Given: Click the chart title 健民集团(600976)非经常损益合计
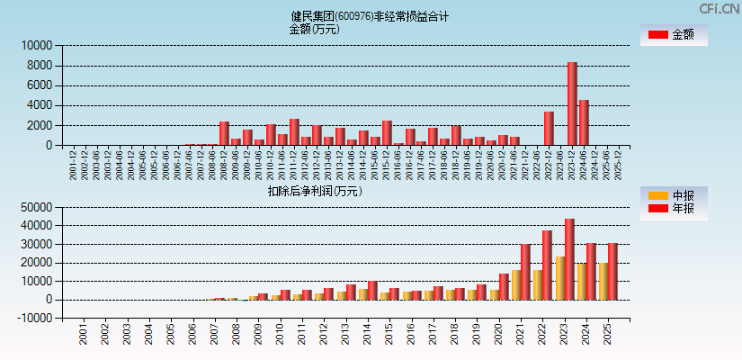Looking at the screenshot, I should (x=370, y=16).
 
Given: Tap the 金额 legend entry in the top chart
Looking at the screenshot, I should (x=673, y=34).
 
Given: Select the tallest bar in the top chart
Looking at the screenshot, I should (x=572, y=103).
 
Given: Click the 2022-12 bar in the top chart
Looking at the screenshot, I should (x=549, y=128).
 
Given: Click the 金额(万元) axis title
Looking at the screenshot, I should (x=314, y=29).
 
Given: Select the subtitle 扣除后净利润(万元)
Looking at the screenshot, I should (x=314, y=191).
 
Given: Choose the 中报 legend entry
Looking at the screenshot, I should (x=673, y=195).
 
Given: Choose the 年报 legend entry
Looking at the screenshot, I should (x=673, y=209).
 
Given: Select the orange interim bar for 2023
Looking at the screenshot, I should (x=560, y=278).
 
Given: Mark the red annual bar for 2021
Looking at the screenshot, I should (x=525, y=272).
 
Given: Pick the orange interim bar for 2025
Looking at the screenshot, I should (x=603, y=281).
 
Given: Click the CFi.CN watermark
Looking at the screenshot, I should (x=720, y=8).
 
